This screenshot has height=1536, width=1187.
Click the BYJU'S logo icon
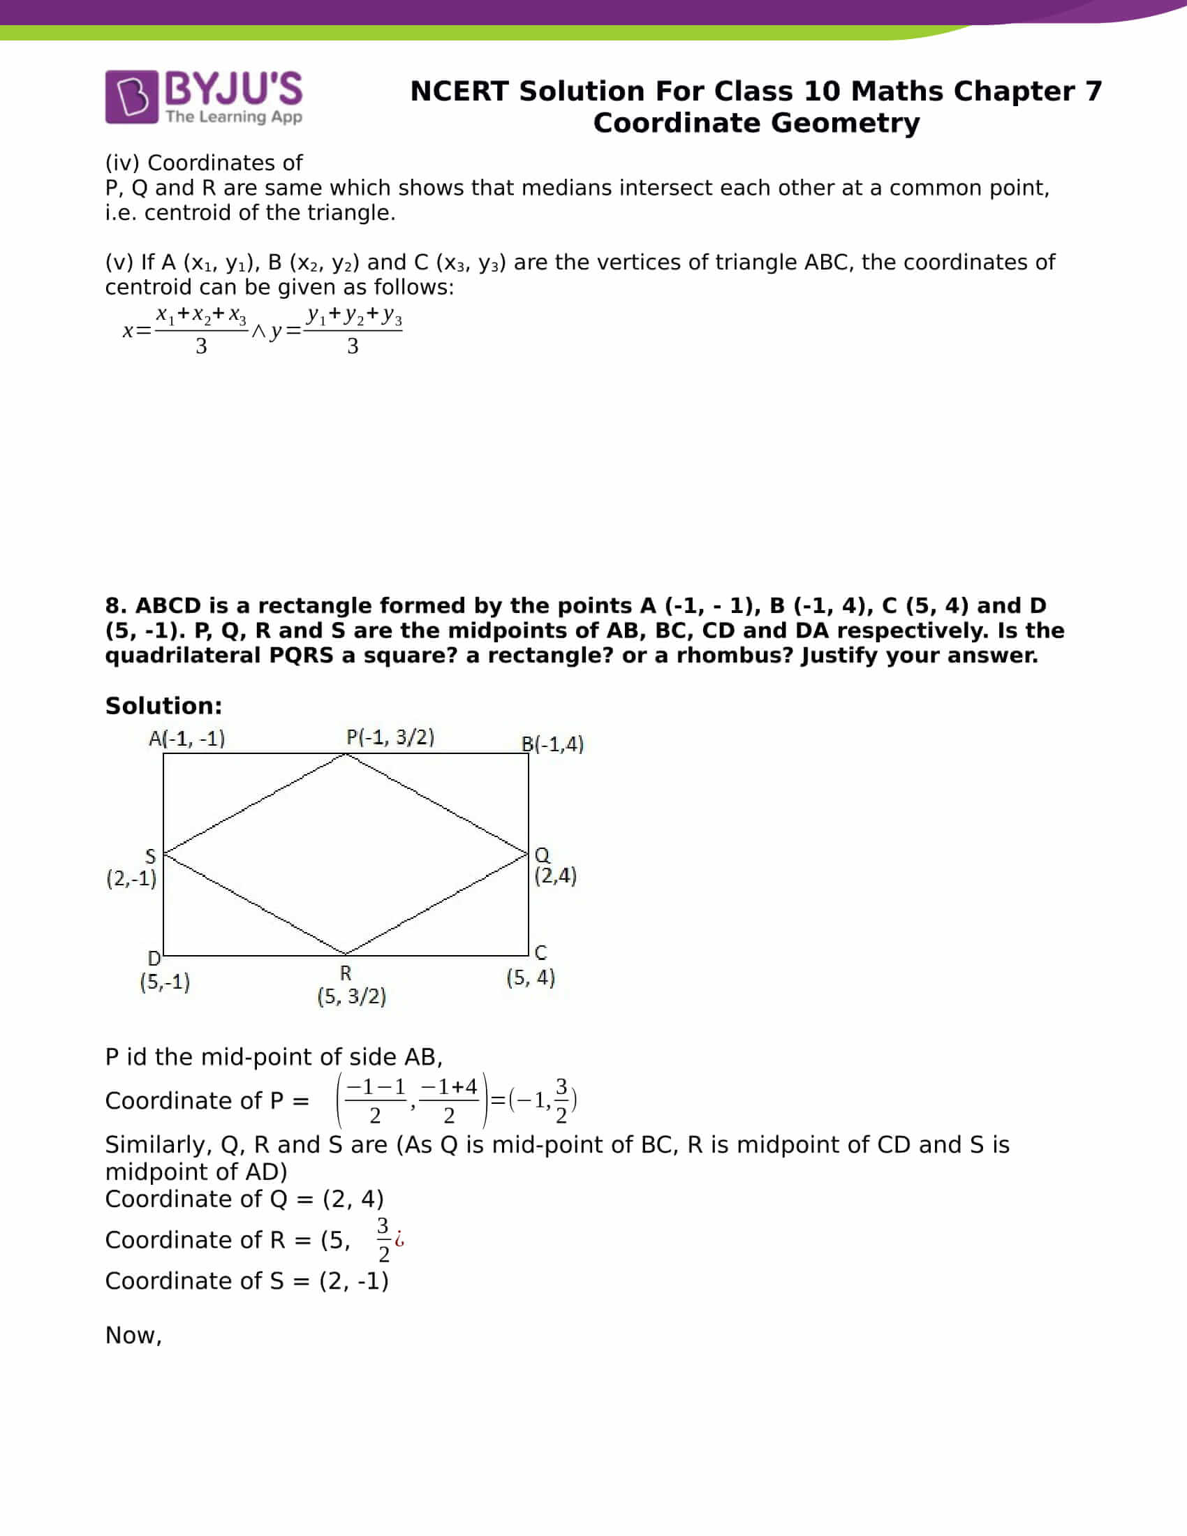point(131,97)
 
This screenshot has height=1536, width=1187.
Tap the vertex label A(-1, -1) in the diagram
point(186,739)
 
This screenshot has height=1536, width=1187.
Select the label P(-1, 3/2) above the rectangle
point(390,737)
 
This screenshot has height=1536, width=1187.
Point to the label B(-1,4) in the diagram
point(553,744)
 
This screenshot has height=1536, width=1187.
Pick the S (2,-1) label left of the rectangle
point(132,869)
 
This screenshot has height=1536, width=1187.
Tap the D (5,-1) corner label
point(165,971)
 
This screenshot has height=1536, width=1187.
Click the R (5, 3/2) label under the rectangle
point(351,985)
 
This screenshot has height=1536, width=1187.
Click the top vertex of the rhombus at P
point(345,755)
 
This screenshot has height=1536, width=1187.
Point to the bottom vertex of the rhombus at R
point(345,954)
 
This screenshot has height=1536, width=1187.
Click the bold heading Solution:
point(163,705)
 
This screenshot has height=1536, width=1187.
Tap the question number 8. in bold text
point(117,605)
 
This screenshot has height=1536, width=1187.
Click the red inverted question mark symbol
point(399,1239)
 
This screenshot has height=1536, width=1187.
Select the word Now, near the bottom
point(133,1335)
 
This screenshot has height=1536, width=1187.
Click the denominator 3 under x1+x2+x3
point(201,346)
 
